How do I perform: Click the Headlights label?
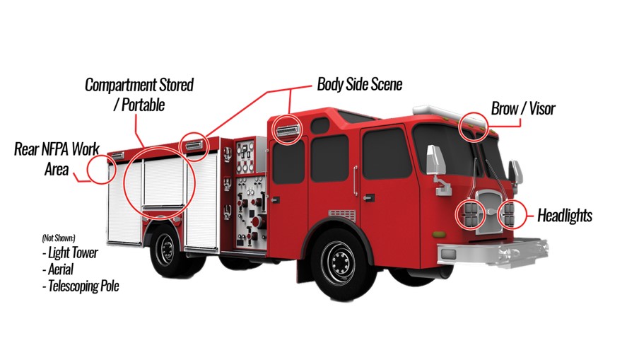coord(564,215)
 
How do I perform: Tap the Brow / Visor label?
coord(523,108)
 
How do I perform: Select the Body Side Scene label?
coord(359,84)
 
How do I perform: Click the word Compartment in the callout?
coord(121,85)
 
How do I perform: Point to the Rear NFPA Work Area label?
coord(57,159)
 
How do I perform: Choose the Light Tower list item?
coord(70,252)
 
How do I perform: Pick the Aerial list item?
coord(58,269)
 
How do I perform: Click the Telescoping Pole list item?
coord(81,286)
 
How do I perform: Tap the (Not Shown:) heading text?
coord(59,238)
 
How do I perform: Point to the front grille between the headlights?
coord(491,211)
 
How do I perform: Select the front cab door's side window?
coord(386,153)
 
